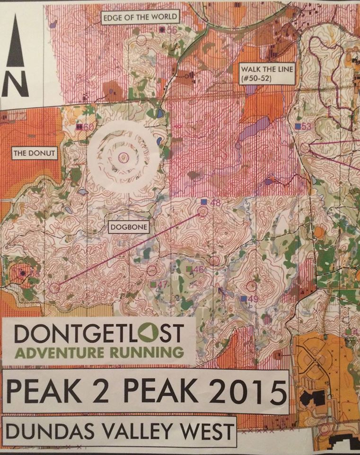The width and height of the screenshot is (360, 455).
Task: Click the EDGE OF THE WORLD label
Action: [140, 18]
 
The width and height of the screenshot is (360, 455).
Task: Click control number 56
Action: [171, 30]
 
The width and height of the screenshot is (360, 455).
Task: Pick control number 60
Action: [88, 127]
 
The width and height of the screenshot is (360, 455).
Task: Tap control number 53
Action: [307, 126]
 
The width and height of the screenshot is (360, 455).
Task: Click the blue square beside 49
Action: [243, 299]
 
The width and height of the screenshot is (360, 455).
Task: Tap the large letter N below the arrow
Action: [15, 84]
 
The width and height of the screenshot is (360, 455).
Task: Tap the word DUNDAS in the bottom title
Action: [47, 432]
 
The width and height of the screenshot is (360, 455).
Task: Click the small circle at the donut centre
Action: [124, 157]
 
